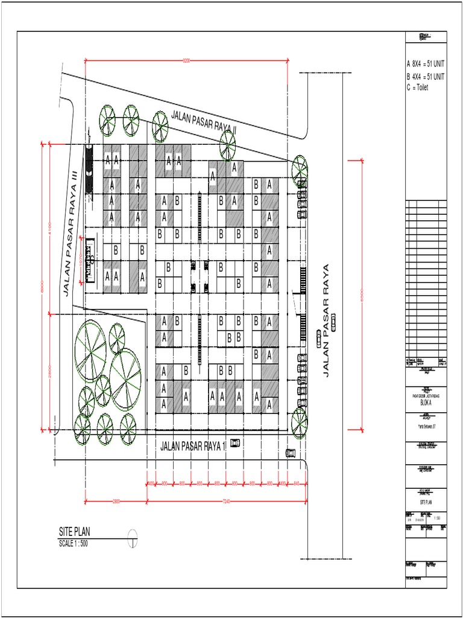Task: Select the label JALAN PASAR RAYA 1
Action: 192,446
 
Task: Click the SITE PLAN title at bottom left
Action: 75,532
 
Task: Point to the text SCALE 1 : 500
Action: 77,543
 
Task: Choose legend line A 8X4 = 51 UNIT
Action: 426,63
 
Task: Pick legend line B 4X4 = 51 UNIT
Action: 426,77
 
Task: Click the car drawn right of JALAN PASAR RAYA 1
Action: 235,444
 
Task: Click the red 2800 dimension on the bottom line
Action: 116,502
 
